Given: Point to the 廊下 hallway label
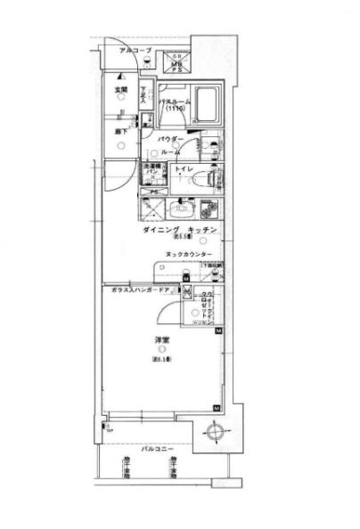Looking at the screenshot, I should pos(119,132).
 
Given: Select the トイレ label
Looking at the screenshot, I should pos(184,169).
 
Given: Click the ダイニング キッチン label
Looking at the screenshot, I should pos(179,231).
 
